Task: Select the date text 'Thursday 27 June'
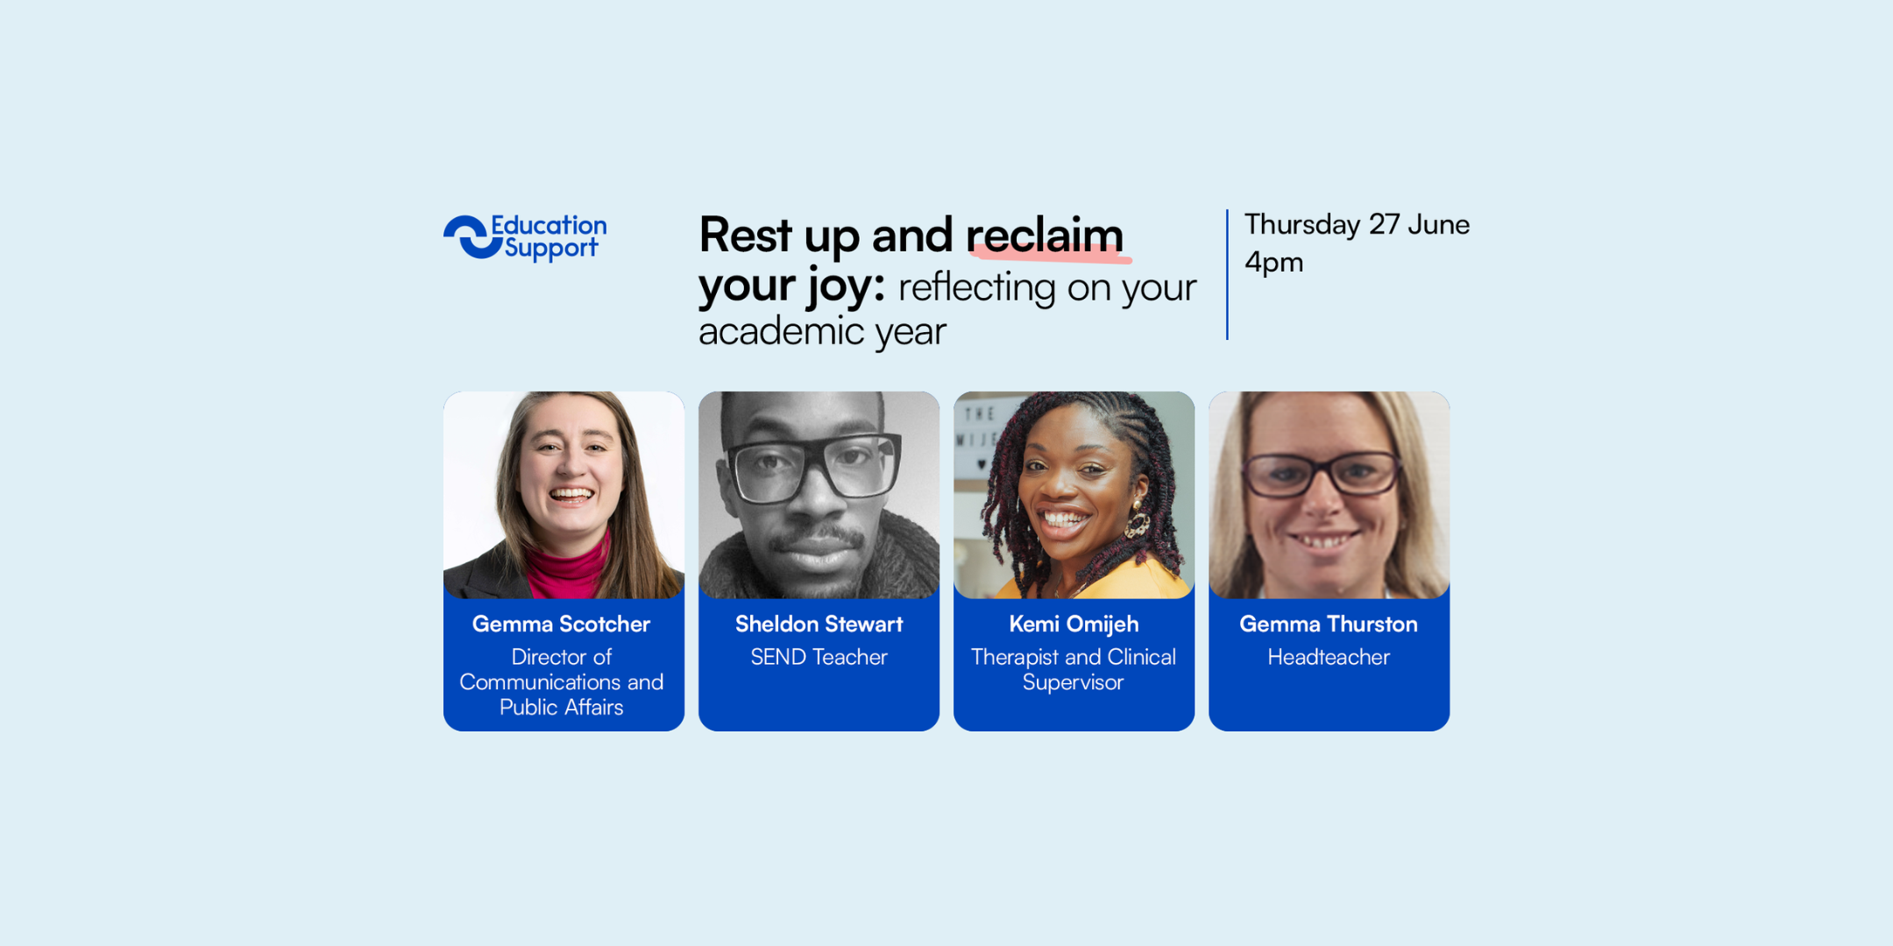click(1357, 225)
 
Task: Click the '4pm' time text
click(1274, 263)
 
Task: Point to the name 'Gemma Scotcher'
click(562, 624)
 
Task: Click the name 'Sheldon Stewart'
click(819, 624)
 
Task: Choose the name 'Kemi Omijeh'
click(1074, 625)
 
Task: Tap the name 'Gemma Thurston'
click(1329, 624)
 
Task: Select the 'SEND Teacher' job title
click(819, 657)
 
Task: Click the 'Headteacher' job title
click(1329, 657)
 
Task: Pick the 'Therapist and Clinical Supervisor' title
click(1074, 669)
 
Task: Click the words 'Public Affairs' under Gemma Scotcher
click(562, 707)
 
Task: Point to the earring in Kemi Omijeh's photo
click(1137, 522)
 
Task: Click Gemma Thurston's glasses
click(1322, 474)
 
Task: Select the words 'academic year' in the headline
click(822, 332)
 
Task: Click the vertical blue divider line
click(1227, 274)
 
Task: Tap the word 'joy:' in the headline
click(846, 287)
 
